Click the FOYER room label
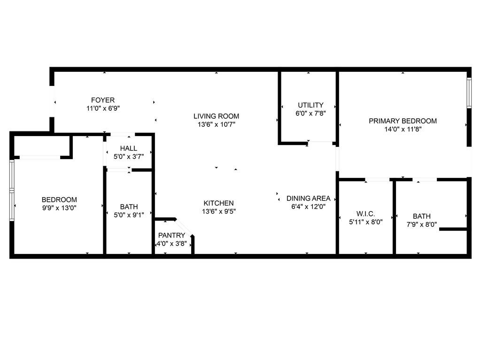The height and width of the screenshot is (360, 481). (x=102, y=100)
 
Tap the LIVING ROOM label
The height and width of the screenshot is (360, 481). (x=216, y=116)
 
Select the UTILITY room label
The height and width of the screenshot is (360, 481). (x=310, y=105)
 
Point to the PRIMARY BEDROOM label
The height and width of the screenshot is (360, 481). (x=403, y=121)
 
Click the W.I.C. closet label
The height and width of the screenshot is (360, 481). (x=365, y=214)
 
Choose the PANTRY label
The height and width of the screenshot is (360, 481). (x=171, y=235)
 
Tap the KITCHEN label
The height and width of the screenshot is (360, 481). (x=218, y=203)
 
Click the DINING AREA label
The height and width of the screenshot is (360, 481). (x=308, y=198)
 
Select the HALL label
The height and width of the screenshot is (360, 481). (x=128, y=148)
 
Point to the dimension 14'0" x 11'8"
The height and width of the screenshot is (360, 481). (x=403, y=129)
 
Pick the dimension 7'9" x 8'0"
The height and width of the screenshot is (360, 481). (x=421, y=224)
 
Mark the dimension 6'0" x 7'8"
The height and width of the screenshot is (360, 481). (x=310, y=113)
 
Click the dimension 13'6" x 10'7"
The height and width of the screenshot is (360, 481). (x=216, y=124)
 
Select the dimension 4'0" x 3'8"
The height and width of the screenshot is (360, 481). (x=171, y=244)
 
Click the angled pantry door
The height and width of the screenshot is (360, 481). (x=183, y=228)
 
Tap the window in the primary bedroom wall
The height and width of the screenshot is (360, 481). (x=468, y=93)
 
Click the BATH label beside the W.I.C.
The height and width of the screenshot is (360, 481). (x=421, y=216)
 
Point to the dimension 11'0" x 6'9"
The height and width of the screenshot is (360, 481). (x=102, y=108)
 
